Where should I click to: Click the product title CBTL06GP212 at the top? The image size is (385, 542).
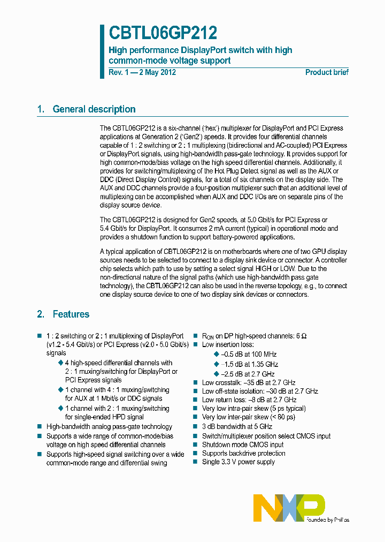[163, 33]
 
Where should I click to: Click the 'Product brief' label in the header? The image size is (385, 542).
[327, 72]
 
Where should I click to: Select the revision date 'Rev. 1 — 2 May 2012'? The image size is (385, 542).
[142, 72]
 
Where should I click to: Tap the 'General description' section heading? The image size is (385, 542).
[94, 109]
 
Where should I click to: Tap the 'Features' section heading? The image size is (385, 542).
[71, 314]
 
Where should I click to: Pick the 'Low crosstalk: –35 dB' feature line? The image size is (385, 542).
[249, 383]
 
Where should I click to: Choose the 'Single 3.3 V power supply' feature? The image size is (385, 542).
[238, 462]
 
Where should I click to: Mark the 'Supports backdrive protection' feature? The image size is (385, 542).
[243, 453]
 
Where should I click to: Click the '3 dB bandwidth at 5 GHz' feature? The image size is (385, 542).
[237, 427]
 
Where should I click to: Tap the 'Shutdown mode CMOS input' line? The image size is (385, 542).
[243, 445]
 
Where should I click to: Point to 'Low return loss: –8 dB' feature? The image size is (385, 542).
[249, 400]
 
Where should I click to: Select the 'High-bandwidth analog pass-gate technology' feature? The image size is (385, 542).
[109, 427]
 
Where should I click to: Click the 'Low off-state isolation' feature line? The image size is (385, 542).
[260, 392]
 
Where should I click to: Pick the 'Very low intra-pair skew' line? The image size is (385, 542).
[254, 409]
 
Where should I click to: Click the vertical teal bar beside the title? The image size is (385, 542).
[102, 51]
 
